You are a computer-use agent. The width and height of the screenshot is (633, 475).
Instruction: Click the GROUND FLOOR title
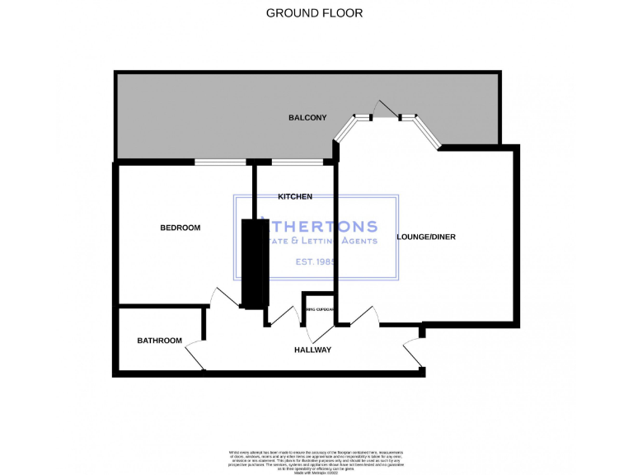pyautogui.click(x=314, y=13)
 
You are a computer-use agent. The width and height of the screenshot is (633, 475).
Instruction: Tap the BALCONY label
pyautogui.click(x=307, y=118)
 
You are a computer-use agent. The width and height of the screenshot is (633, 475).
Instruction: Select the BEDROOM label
pyautogui.click(x=180, y=228)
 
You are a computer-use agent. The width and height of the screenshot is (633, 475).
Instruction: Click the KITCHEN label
pyautogui.click(x=294, y=196)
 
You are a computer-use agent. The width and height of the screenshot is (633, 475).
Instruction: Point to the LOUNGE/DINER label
pyautogui.click(x=425, y=237)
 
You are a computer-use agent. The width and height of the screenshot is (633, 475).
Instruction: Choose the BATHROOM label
pyautogui.click(x=159, y=340)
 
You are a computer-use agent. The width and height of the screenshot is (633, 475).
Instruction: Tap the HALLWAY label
pyautogui.click(x=312, y=350)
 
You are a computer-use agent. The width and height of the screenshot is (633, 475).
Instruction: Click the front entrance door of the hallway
pyautogui.click(x=412, y=353)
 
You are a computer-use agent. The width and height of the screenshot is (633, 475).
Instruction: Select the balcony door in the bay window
pyautogui.click(x=385, y=110)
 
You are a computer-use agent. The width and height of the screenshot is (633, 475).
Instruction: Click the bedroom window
pyautogui.click(x=220, y=162)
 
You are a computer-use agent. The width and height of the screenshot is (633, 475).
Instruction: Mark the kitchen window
pyautogui.click(x=297, y=162)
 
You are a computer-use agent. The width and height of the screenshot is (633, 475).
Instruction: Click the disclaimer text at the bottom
pyautogui.click(x=316, y=459)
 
